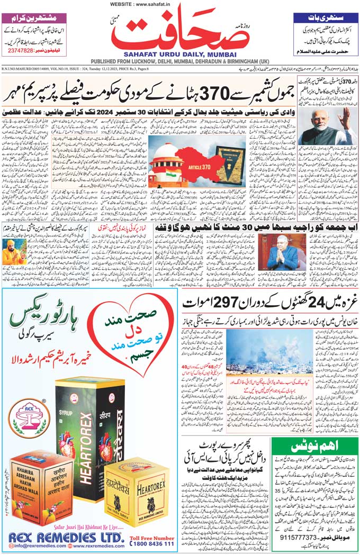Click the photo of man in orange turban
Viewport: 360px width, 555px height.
(14, 252)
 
